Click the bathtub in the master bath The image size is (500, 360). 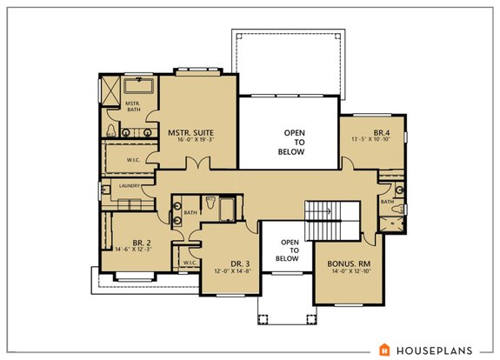tap(137, 86)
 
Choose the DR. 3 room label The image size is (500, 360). tap(228, 263)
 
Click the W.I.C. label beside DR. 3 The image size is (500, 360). tap(188, 261)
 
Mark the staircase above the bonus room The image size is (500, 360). tap(331, 218)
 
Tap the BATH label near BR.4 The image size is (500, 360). tap(387, 202)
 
